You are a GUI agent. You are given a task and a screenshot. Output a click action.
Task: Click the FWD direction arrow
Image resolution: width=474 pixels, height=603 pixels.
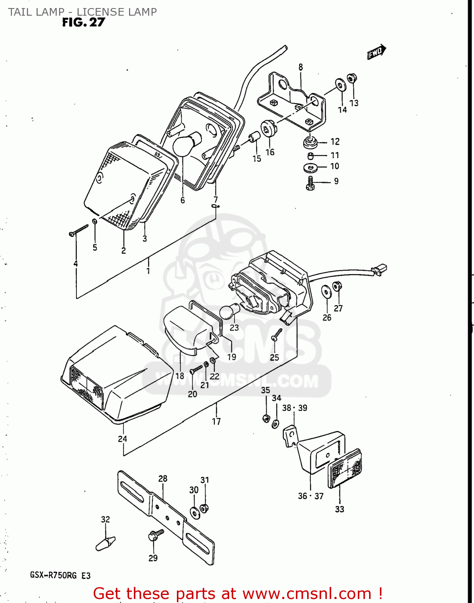point(376,51)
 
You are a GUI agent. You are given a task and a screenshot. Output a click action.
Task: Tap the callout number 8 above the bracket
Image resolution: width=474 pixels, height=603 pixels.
point(301,67)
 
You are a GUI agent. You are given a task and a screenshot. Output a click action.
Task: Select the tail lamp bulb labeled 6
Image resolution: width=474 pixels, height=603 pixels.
point(187,144)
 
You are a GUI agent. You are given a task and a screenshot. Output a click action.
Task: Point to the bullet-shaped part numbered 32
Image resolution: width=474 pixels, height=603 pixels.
point(105,544)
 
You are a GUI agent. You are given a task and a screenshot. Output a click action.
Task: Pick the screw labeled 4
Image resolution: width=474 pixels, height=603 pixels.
point(79,230)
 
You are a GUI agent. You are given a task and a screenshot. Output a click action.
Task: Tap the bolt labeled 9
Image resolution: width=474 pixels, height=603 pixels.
point(310,184)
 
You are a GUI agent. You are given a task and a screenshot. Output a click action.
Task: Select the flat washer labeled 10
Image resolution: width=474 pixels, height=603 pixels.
point(310,167)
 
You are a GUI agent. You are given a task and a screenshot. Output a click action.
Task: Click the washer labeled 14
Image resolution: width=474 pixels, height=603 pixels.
point(341,86)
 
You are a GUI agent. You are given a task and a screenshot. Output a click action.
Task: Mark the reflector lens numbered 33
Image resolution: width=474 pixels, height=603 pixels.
point(345,468)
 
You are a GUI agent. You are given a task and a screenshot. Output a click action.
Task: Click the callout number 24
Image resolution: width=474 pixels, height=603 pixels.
point(123,439)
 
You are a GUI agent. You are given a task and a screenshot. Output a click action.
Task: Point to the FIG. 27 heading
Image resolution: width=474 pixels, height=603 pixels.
point(83,23)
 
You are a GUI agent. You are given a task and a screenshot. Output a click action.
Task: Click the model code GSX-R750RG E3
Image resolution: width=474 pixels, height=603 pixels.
point(60,576)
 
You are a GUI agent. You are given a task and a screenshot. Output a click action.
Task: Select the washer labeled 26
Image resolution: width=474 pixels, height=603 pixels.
point(326,291)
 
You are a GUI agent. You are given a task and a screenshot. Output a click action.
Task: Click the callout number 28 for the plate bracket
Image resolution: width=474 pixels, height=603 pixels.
point(162,478)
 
